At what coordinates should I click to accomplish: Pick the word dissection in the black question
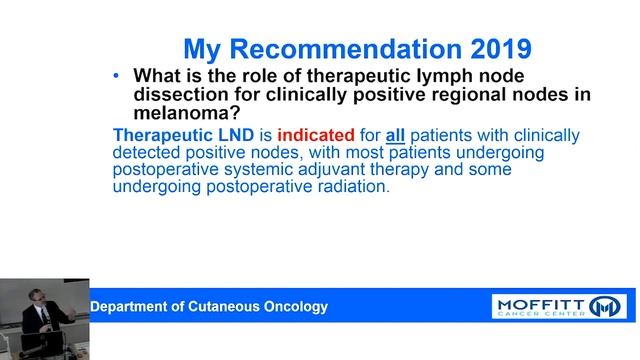click(179, 95)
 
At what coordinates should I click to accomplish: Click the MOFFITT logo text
click(540, 302)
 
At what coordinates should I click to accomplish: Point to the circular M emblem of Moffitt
click(606, 305)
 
